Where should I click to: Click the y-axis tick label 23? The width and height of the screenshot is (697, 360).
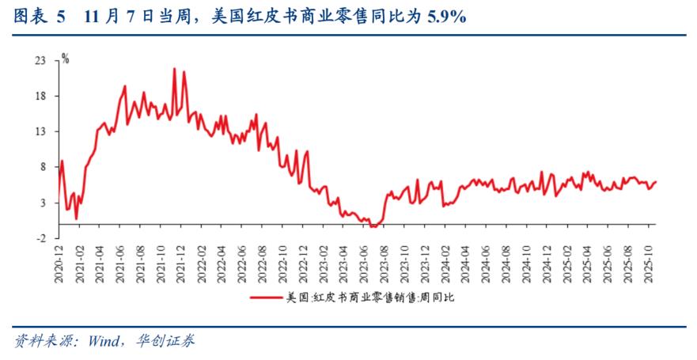39,60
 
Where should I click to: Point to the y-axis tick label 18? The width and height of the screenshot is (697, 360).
39,96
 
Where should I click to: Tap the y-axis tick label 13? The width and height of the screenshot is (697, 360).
39,131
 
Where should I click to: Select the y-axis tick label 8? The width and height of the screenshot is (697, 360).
42,167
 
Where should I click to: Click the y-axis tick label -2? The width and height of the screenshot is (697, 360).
40,238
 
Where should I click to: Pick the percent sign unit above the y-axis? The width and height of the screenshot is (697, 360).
66,58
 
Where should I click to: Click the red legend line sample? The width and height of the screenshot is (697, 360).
267,297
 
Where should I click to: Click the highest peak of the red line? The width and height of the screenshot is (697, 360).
174,68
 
